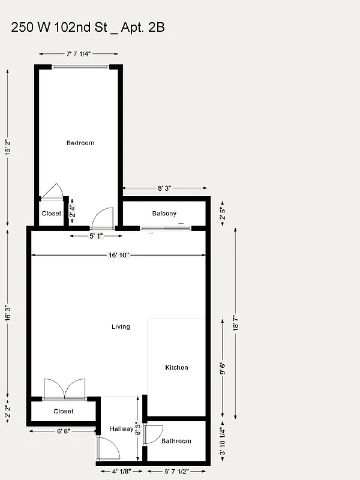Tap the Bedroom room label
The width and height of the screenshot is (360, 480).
pyautogui.click(x=80, y=143)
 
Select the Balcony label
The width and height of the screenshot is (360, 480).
pyautogui.click(x=164, y=214)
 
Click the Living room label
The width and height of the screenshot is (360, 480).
pyautogui.click(x=121, y=326)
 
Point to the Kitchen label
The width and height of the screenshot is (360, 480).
pyautogui.click(x=176, y=367)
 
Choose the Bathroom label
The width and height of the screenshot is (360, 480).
pyautogui.click(x=176, y=441)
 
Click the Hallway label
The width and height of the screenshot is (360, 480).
pyautogui.click(x=121, y=429)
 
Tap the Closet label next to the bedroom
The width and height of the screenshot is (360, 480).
pyautogui.click(x=51, y=214)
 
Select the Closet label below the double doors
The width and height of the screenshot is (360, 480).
pyautogui.click(x=64, y=411)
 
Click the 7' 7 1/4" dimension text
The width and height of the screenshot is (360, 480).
pyautogui.click(x=79, y=54)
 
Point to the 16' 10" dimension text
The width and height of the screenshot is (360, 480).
pyautogui.click(x=119, y=255)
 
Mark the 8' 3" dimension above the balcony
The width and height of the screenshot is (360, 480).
pyautogui.click(x=164, y=188)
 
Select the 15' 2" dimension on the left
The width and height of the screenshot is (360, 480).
pyautogui.click(x=8, y=148)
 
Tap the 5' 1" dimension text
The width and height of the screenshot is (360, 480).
pyautogui.click(x=97, y=236)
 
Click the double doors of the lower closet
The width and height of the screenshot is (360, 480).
pyautogui.click(x=64, y=389)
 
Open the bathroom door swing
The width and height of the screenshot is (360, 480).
pyautogui.click(x=154, y=434)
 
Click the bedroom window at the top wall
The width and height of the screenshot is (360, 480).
pyautogui.click(x=80, y=67)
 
